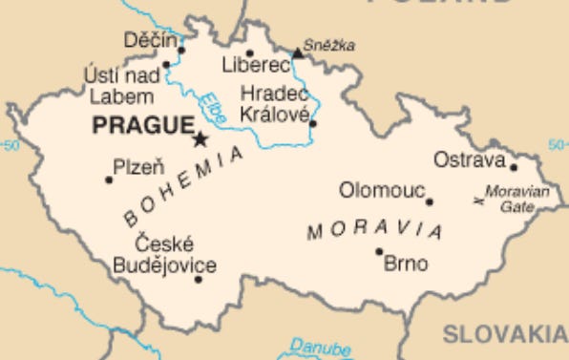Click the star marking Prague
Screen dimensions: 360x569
[x=200, y=139]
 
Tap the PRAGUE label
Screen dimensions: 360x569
[x=142, y=125]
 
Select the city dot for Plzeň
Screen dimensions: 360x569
[x=108, y=179]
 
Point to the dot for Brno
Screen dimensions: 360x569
[x=379, y=252]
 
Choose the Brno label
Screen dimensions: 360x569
[x=406, y=264]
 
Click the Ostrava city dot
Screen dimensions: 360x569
[x=513, y=167]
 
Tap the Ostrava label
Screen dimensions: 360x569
[x=468, y=159]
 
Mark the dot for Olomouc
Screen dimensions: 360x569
[x=430, y=201]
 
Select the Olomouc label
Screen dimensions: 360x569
[x=382, y=191]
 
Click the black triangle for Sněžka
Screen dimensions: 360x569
[x=297, y=53]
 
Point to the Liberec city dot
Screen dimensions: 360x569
[x=250, y=53]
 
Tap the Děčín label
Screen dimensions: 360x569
[x=151, y=40]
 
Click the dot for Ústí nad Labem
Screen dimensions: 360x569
[x=166, y=65]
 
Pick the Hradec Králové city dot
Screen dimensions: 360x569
[x=312, y=123]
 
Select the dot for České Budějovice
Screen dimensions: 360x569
[x=199, y=279]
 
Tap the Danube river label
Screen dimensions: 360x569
[x=321, y=347]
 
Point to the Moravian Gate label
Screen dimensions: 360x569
[x=517, y=199]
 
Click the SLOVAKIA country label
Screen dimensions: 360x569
[x=504, y=333]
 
